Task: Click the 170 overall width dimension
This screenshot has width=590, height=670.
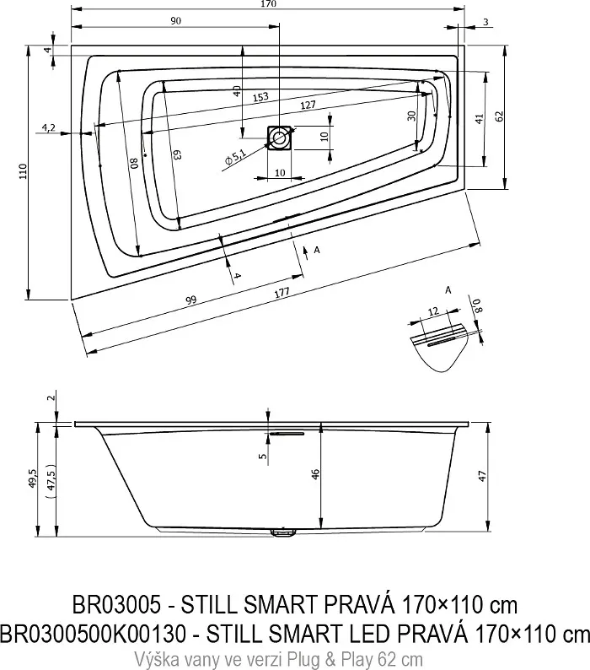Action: click(x=268, y=4)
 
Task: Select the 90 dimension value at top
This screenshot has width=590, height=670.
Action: click(x=175, y=21)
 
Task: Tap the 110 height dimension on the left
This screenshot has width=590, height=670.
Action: click(x=23, y=171)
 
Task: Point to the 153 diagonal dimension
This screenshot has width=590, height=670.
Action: click(x=260, y=97)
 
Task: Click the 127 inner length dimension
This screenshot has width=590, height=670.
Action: click(x=308, y=105)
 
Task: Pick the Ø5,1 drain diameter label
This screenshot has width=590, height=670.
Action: click(x=235, y=157)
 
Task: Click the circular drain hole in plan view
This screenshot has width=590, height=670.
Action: click(x=280, y=138)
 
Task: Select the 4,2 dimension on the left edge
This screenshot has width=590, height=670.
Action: click(x=48, y=127)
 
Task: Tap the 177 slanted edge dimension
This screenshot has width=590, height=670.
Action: click(x=282, y=293)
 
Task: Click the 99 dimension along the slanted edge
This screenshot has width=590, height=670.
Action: click(x=190, y=300)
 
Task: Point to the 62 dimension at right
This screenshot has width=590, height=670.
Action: click(x=500, y=116)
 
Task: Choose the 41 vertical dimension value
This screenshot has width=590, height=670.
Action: click(x=479, y=118)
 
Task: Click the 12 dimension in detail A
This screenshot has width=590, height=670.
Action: click(x=433, y=311)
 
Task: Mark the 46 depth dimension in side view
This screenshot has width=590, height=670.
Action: click(x=315, y=474)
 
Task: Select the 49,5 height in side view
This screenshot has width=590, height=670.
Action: click(x=35, y=478)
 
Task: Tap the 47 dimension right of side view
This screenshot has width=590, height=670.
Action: click(x=482, y=476)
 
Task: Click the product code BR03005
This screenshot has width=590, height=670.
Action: click(x=116, y=605)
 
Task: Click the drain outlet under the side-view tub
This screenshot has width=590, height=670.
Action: click(x=283, y=532)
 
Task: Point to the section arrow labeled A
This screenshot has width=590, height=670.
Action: click(x=306, y=253)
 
